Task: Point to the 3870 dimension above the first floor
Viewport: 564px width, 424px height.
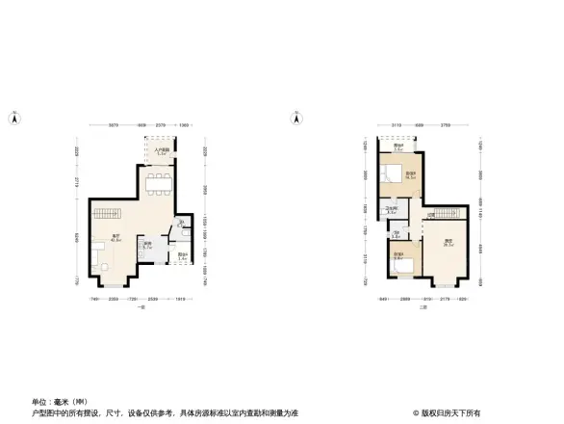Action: [x=113, y=126]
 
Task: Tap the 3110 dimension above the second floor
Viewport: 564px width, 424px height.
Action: [x=397, y=126]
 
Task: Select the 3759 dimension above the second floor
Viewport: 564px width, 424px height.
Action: [x=445, y=126]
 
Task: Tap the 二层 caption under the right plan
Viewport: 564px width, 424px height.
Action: [x=423, y=307]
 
